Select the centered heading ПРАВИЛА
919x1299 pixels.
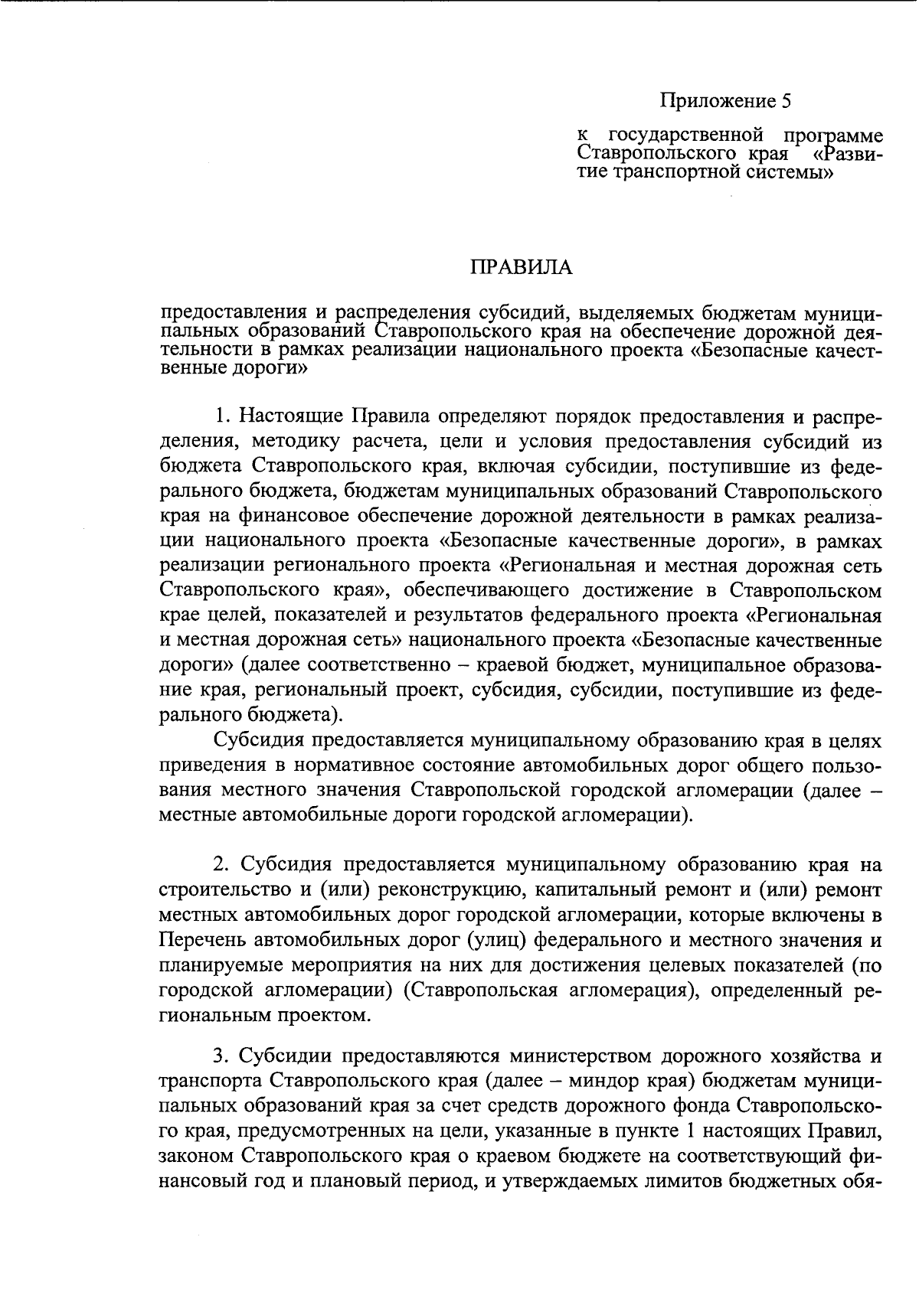click(521, 267)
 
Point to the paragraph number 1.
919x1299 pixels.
click(222, 416)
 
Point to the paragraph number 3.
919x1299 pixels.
click(221, 1056)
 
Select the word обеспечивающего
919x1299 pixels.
click(486, 591)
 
